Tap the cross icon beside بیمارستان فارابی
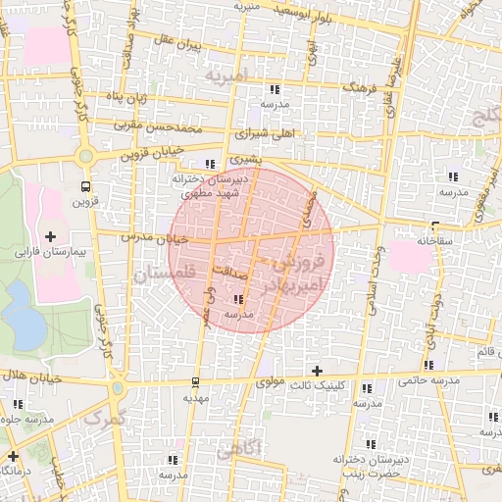tap(50, 236)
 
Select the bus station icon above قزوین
tap(85, 185)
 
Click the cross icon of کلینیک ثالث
tap(316, 371)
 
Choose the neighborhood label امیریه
tap(229, 75)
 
